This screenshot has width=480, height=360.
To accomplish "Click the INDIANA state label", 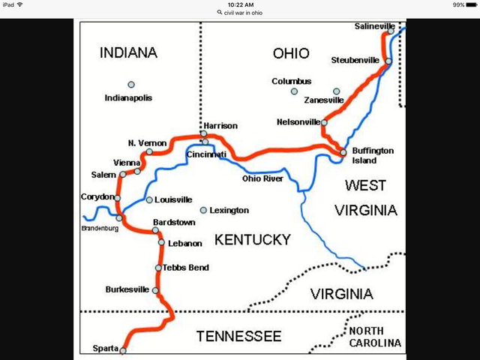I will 128,52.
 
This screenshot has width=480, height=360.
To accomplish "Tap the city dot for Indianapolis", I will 131,84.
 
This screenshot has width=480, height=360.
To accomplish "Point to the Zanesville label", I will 324,100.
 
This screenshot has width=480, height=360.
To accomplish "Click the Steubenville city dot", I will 388,61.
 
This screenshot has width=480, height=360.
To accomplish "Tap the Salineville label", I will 374,26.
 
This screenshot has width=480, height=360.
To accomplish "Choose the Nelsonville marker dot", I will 324,121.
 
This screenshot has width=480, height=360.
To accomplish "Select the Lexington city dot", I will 203,210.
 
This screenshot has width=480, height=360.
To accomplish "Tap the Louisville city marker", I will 149,199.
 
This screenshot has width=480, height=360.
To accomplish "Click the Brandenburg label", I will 99,228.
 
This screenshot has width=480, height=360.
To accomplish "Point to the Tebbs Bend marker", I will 158,268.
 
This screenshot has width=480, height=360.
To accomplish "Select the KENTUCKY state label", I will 252,239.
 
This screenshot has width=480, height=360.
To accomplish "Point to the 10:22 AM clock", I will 239,4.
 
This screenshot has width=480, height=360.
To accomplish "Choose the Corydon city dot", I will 117,198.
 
